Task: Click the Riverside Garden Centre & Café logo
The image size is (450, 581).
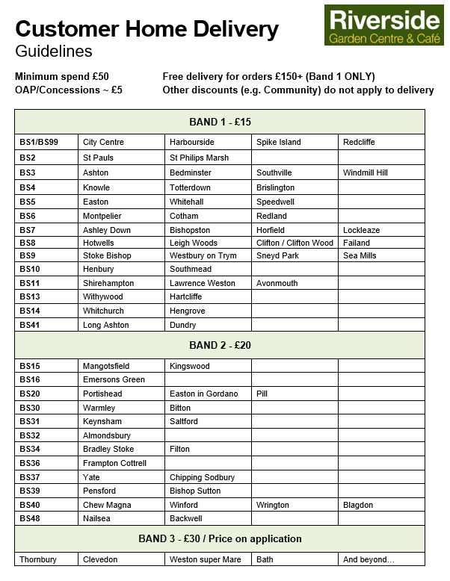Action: tap(384, 25)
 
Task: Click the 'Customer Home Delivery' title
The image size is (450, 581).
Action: tap(147, 29)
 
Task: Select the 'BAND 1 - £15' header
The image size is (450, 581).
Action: tap(220, 122)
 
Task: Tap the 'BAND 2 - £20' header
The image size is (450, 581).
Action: tap(220, 345)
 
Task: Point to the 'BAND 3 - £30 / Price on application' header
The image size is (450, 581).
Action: tap(220, 538)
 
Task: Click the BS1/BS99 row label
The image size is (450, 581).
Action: tap(39, 142)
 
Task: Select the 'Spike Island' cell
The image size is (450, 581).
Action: tap(278, 142)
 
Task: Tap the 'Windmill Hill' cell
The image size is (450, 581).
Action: tap(365, 173)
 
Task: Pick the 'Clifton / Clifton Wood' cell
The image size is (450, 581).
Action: tap(295, 243)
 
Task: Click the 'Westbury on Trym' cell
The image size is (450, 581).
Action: tap(203, 255)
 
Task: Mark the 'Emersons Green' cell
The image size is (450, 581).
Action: tap(114, 379)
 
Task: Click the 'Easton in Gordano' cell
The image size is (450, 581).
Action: tap(203, 394)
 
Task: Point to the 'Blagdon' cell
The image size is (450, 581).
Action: tap(358, 505)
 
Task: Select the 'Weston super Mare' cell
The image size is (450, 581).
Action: tap(205, 559)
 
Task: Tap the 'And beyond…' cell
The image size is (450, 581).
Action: tap(368, 559)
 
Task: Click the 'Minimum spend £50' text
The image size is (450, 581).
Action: tap(61, 77)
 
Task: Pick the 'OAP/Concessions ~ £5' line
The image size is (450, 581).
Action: tap(68, 90)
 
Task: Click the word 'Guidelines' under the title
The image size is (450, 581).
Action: tap(53, 52)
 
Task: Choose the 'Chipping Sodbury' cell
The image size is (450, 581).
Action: tap(202, 477)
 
